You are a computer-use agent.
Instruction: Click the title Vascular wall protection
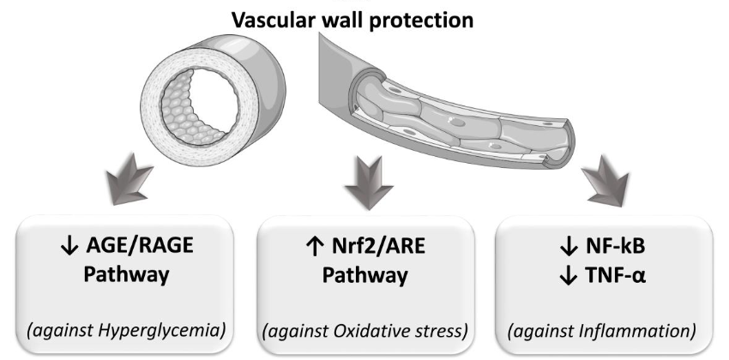364,19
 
